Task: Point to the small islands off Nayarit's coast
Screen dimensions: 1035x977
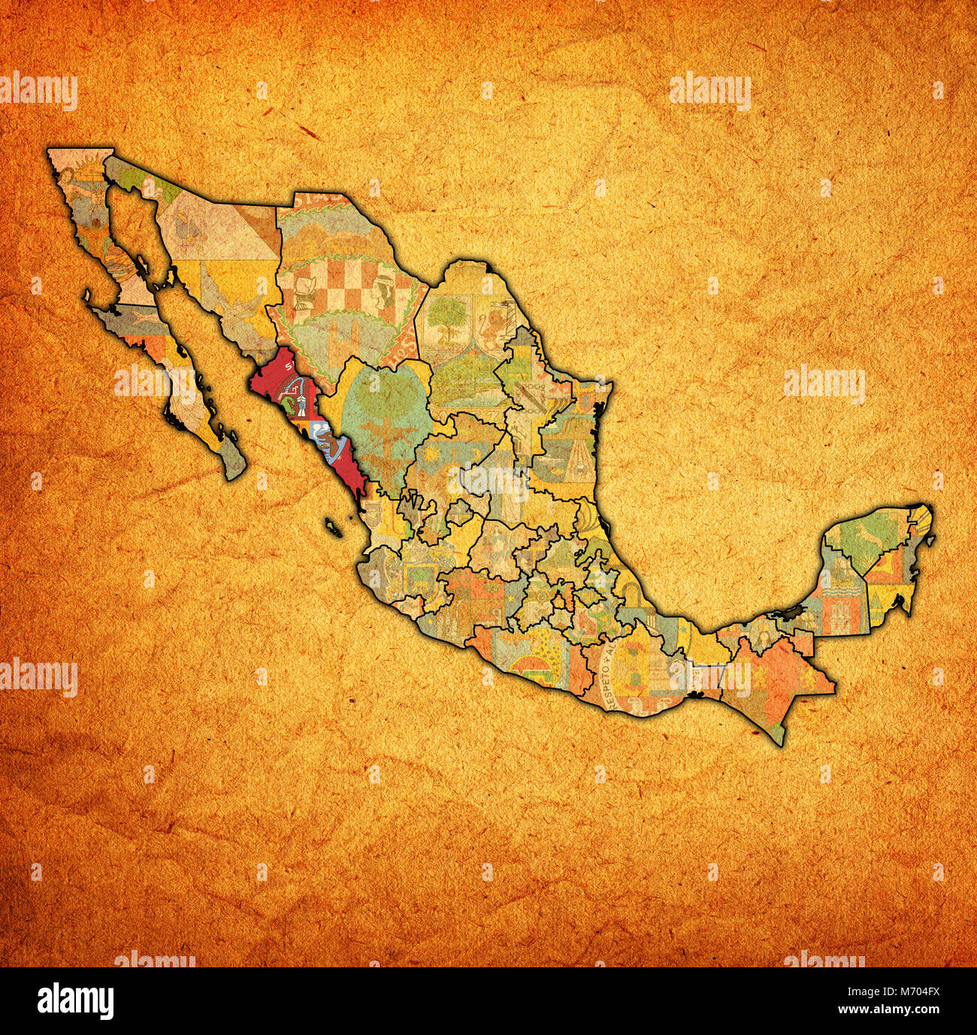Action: (333, 526)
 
